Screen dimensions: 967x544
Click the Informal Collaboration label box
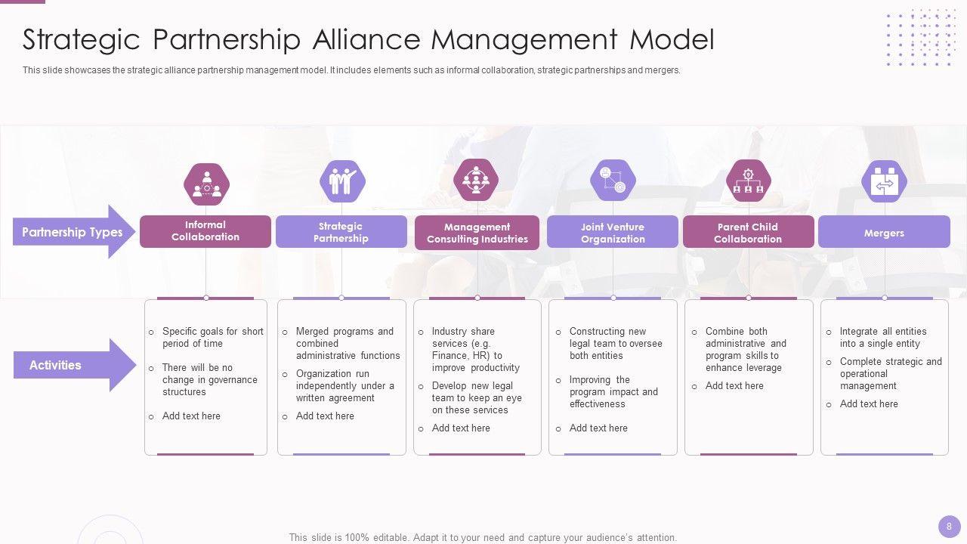click(205, 231)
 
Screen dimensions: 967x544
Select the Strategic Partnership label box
click(341, 232)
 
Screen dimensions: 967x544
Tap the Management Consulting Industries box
click(477, 233)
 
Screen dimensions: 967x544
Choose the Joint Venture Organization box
click(613, 233)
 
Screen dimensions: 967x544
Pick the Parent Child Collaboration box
click(748, 233)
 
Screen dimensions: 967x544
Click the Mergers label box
click(884, 233)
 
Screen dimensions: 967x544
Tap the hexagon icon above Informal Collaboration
click(206, 184)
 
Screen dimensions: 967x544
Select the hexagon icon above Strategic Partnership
click(342, 182)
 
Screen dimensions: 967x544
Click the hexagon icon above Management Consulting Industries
click(476, 181)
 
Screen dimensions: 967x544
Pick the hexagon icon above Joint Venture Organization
click(613, 181)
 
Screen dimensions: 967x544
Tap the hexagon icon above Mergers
click(884, 181)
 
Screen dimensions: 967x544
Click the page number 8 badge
click(949, 526)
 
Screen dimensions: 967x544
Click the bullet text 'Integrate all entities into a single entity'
click(882, 337)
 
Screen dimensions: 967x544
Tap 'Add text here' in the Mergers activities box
click(869, 404)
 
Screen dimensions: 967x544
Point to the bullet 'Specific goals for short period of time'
click(212, 337)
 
